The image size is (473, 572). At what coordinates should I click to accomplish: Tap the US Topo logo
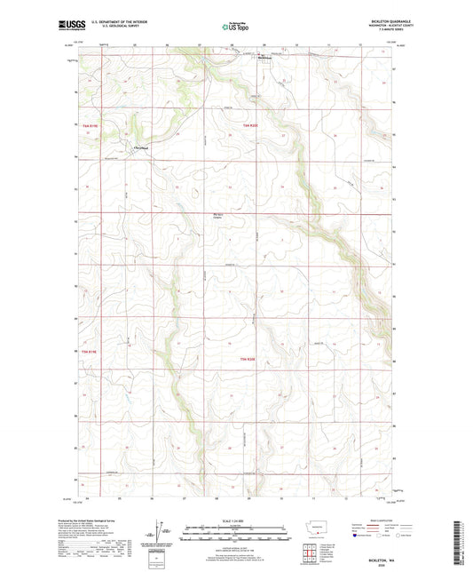click(236, 28)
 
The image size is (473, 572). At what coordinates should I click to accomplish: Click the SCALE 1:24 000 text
click(236, 520)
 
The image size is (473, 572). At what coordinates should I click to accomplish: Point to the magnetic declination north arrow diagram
click(159, 530)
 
